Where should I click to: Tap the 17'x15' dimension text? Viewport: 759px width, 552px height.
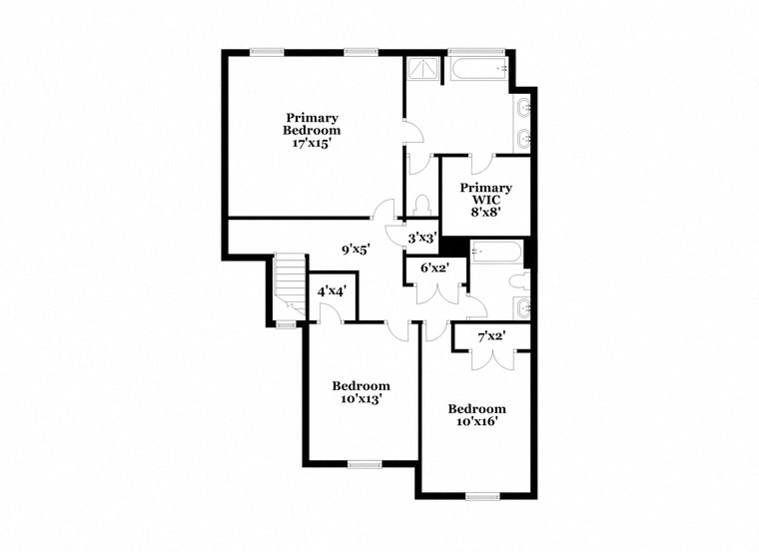click(312, 143)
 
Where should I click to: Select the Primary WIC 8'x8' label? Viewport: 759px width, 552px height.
click(486, 199)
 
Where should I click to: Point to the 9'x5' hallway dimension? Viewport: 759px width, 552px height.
click(357, 251)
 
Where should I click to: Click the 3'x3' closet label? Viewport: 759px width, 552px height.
click(423, 239)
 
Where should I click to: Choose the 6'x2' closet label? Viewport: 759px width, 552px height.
click(434, 268)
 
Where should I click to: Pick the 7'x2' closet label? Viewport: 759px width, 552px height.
click(491, 336)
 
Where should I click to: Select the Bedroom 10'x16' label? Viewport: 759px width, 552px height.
click(476, 414)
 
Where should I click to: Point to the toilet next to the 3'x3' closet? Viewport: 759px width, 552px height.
click(422, 206)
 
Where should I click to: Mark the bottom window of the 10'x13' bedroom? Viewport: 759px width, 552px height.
click(365, 463)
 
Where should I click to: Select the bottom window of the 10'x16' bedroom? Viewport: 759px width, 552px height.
click(482, 495)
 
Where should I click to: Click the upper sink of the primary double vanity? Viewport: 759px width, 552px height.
click(522, 107)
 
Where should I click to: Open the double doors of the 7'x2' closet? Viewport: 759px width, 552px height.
click(491, 359)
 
